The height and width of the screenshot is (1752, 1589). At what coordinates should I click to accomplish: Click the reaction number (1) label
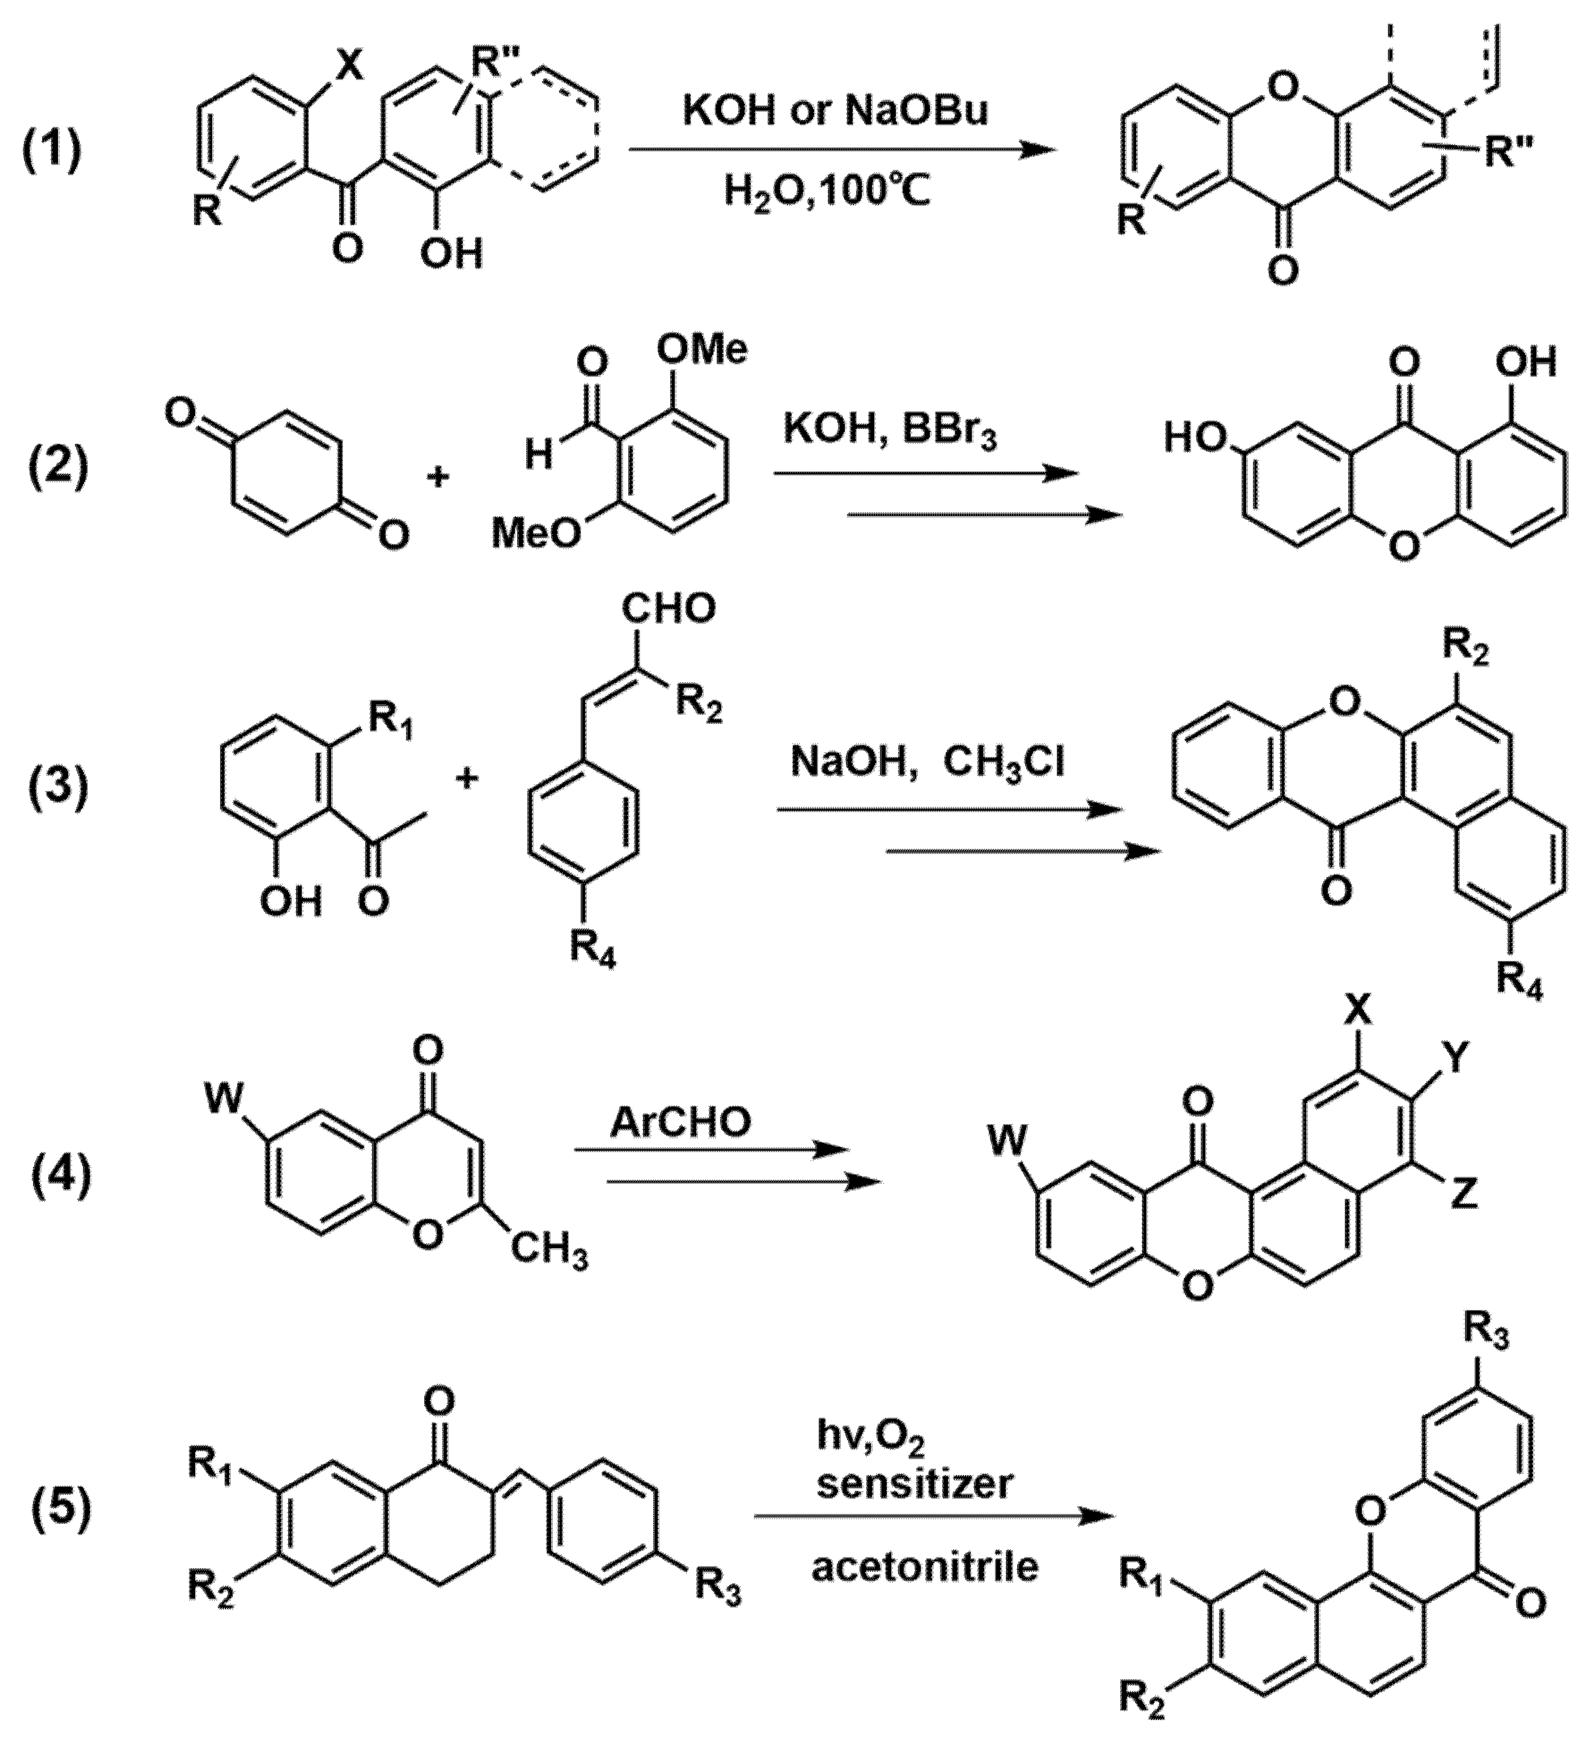[52, 150]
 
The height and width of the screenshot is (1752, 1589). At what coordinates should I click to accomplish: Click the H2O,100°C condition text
[828, 192]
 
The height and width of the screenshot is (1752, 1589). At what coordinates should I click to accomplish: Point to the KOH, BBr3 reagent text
[889, 432]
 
